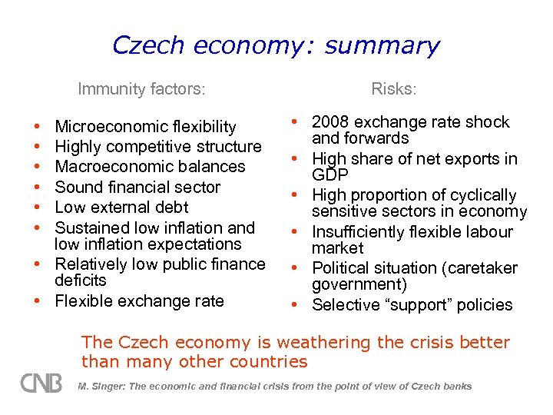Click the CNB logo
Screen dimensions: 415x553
pyautogui.click(x=41, y=382)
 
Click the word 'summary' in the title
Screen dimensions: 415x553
pyautogui.click(x=382, y=46)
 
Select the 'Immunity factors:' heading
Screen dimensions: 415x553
pyautogui.click(x=141, y=89)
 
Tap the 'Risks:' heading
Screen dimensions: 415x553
pyautogui.click(x=394, y=89)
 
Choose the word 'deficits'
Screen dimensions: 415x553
pyautogui.click(x=81, y=281)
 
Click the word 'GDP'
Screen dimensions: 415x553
pyautogui.click(x=330, y=175)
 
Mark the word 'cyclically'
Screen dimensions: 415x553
pyautogui.click(x=477, y=195)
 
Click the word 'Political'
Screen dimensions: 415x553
pyautogui.click(x=343, y=268)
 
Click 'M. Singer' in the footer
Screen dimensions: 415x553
pyautogui.click(x=99, y=387)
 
